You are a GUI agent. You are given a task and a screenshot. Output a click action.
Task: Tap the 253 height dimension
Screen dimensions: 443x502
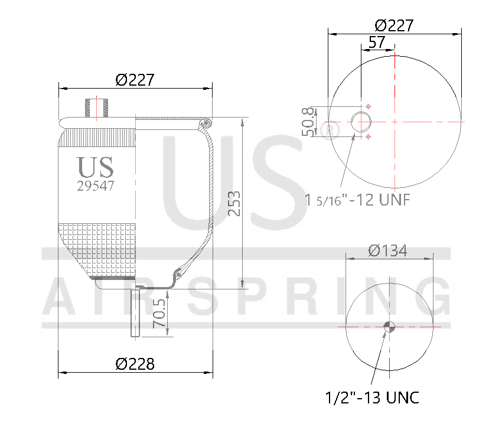(234, 203)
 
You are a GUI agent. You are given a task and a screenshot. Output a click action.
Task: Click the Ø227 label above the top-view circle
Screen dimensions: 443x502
(394, 25)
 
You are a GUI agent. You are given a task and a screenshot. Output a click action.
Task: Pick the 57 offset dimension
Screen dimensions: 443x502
(376, 42)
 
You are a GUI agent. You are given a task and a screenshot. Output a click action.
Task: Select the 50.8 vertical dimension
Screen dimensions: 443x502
(308, 122)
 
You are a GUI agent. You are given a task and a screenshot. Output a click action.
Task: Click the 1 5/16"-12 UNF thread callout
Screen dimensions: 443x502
(357, 199)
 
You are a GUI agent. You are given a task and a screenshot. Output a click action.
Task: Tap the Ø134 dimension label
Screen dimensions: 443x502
(387, 250)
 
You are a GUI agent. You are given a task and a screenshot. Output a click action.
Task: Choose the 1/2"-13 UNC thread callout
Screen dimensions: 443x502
(372, 398)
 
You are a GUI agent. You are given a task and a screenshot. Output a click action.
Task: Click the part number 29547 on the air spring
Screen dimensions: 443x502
(96, 185)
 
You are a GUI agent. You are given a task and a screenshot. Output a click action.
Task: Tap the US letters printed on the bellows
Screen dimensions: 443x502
(96, 167)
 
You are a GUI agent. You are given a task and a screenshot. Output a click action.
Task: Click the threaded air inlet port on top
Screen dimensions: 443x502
(97, 108)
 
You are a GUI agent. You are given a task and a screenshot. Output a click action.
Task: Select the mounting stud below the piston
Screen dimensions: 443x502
(135, 312)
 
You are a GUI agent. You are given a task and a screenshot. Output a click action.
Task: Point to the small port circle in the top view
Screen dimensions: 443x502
(361, 122)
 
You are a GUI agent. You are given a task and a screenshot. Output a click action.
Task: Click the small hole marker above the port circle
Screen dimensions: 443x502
(369, 106)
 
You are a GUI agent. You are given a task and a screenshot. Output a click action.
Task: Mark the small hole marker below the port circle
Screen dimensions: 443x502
(369, 137)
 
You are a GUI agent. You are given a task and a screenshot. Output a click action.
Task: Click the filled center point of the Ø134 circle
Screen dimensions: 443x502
(389, 326)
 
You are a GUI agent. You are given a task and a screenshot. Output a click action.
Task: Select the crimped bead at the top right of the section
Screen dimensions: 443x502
(206, 123)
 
